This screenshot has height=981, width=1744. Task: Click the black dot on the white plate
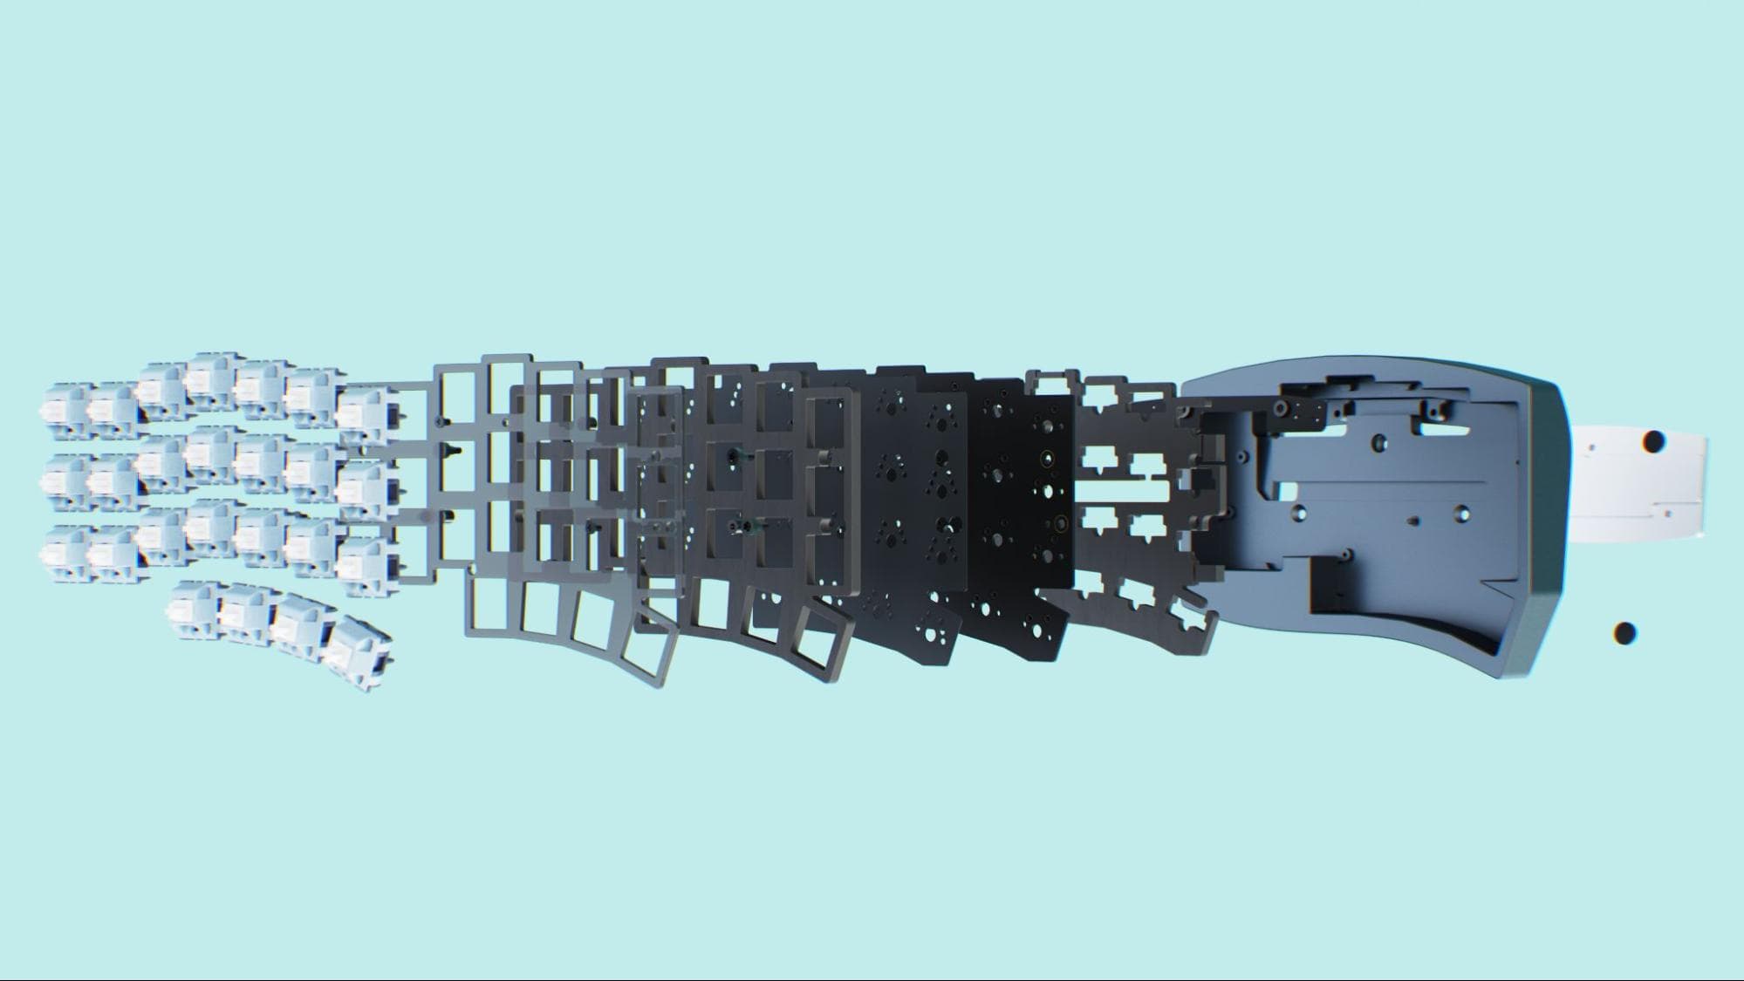click(x=1652, y=442)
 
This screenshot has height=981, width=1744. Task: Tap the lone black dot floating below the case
click(x=1624, y=634)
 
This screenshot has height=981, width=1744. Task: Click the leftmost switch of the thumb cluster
click(x=194, y=603)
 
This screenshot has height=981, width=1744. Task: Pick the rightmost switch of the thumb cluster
click(x=358, y=652)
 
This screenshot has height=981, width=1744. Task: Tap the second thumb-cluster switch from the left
click(x=244, y=610)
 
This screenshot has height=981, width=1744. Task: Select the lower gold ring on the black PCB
click(x=1060, y=524)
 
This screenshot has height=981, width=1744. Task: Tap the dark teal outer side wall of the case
click(x=1540, y=523)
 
